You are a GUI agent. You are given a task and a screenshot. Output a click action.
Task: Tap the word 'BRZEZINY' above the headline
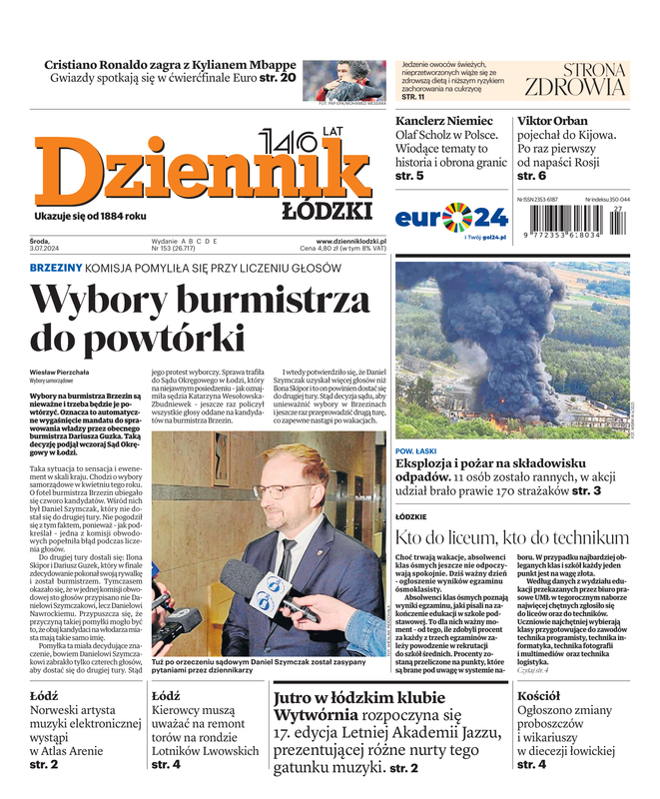[56, 269]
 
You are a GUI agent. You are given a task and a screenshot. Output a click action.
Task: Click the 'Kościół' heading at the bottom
[538, 695]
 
